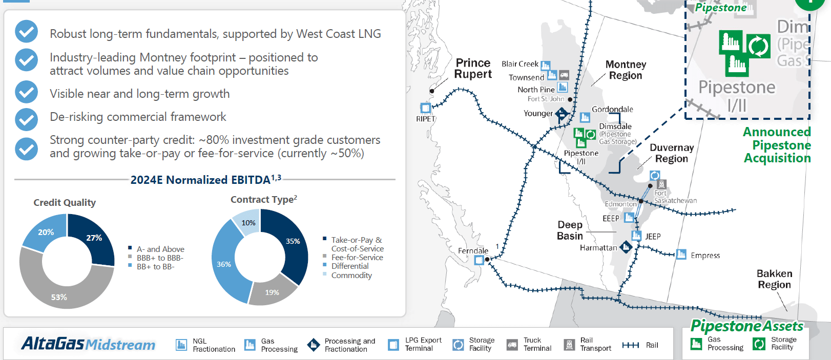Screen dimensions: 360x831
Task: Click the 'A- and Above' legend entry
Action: (160, 249)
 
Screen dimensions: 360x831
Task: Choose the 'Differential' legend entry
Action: (349, 266)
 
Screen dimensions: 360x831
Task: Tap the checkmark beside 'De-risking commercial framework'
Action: (26, 119)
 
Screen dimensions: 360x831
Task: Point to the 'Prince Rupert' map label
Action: (473, 69)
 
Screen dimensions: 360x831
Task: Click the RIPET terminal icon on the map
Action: (425, 108)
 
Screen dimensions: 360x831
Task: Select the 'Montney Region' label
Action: (625, 70)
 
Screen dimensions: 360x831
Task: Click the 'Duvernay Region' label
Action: (671, 153)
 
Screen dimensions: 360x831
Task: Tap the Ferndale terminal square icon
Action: (479, 260)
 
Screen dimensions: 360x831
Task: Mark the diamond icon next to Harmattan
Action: (626, 247)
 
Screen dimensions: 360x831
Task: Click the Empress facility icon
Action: (681, 255)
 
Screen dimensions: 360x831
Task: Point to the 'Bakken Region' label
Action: (774, 279)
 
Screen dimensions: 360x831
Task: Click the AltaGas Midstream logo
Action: (88, 344)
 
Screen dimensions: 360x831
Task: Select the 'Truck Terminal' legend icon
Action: (512, 345)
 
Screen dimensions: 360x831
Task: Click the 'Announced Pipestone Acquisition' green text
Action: (777, 145)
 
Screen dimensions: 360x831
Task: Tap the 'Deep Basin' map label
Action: (570, 230)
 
